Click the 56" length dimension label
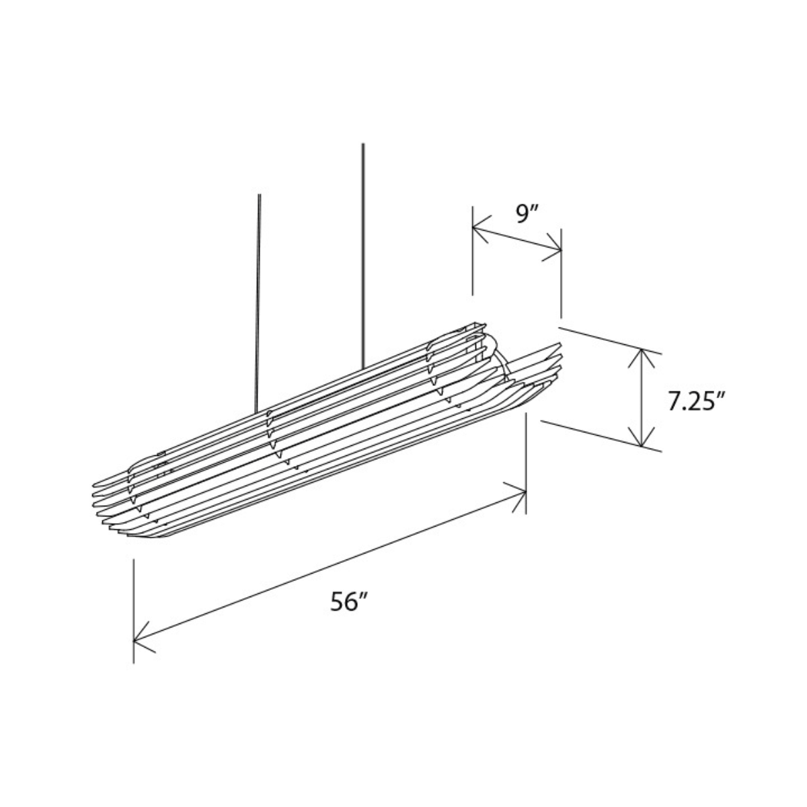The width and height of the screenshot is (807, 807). [x=349, y=602]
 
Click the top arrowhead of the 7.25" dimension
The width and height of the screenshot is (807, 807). [x=641, y=360]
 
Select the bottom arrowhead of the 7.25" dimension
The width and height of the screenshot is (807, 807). [x=641, y=436]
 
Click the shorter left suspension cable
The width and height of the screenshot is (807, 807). [x=258, y=303]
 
